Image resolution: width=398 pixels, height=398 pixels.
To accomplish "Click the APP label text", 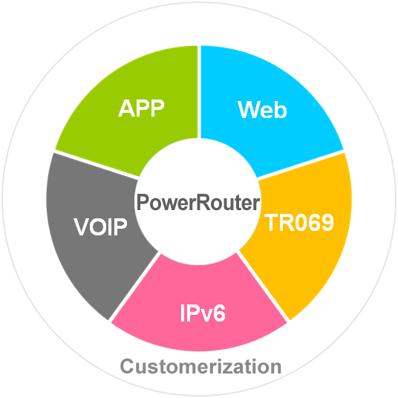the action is pos(141,108).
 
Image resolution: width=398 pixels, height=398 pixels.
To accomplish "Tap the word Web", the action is pos(262,110).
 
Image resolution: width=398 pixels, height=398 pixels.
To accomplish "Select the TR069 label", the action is pos(299,223).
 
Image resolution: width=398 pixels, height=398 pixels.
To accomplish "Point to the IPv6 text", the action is pos(203,313).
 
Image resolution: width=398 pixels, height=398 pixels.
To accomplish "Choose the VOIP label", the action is pos(100,226).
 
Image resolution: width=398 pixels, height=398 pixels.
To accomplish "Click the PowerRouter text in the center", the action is pos(198,202).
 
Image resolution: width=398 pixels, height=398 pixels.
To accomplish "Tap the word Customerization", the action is pos(200,366).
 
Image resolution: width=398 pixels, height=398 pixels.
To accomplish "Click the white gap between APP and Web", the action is pos(199,92).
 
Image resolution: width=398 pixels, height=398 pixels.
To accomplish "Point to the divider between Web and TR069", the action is pos(301,165).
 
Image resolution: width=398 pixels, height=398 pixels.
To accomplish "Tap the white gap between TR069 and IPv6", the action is pos(263,287).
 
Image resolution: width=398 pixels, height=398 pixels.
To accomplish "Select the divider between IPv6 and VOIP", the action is pos(134,287).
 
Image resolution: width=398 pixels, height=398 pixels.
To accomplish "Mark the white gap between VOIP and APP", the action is pos(97,165).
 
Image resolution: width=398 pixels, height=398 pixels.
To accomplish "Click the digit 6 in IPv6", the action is pos(219,313).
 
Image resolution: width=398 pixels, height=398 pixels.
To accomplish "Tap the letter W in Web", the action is pos(248,110).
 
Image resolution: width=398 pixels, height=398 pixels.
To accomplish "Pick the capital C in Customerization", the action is pos(127,366).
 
